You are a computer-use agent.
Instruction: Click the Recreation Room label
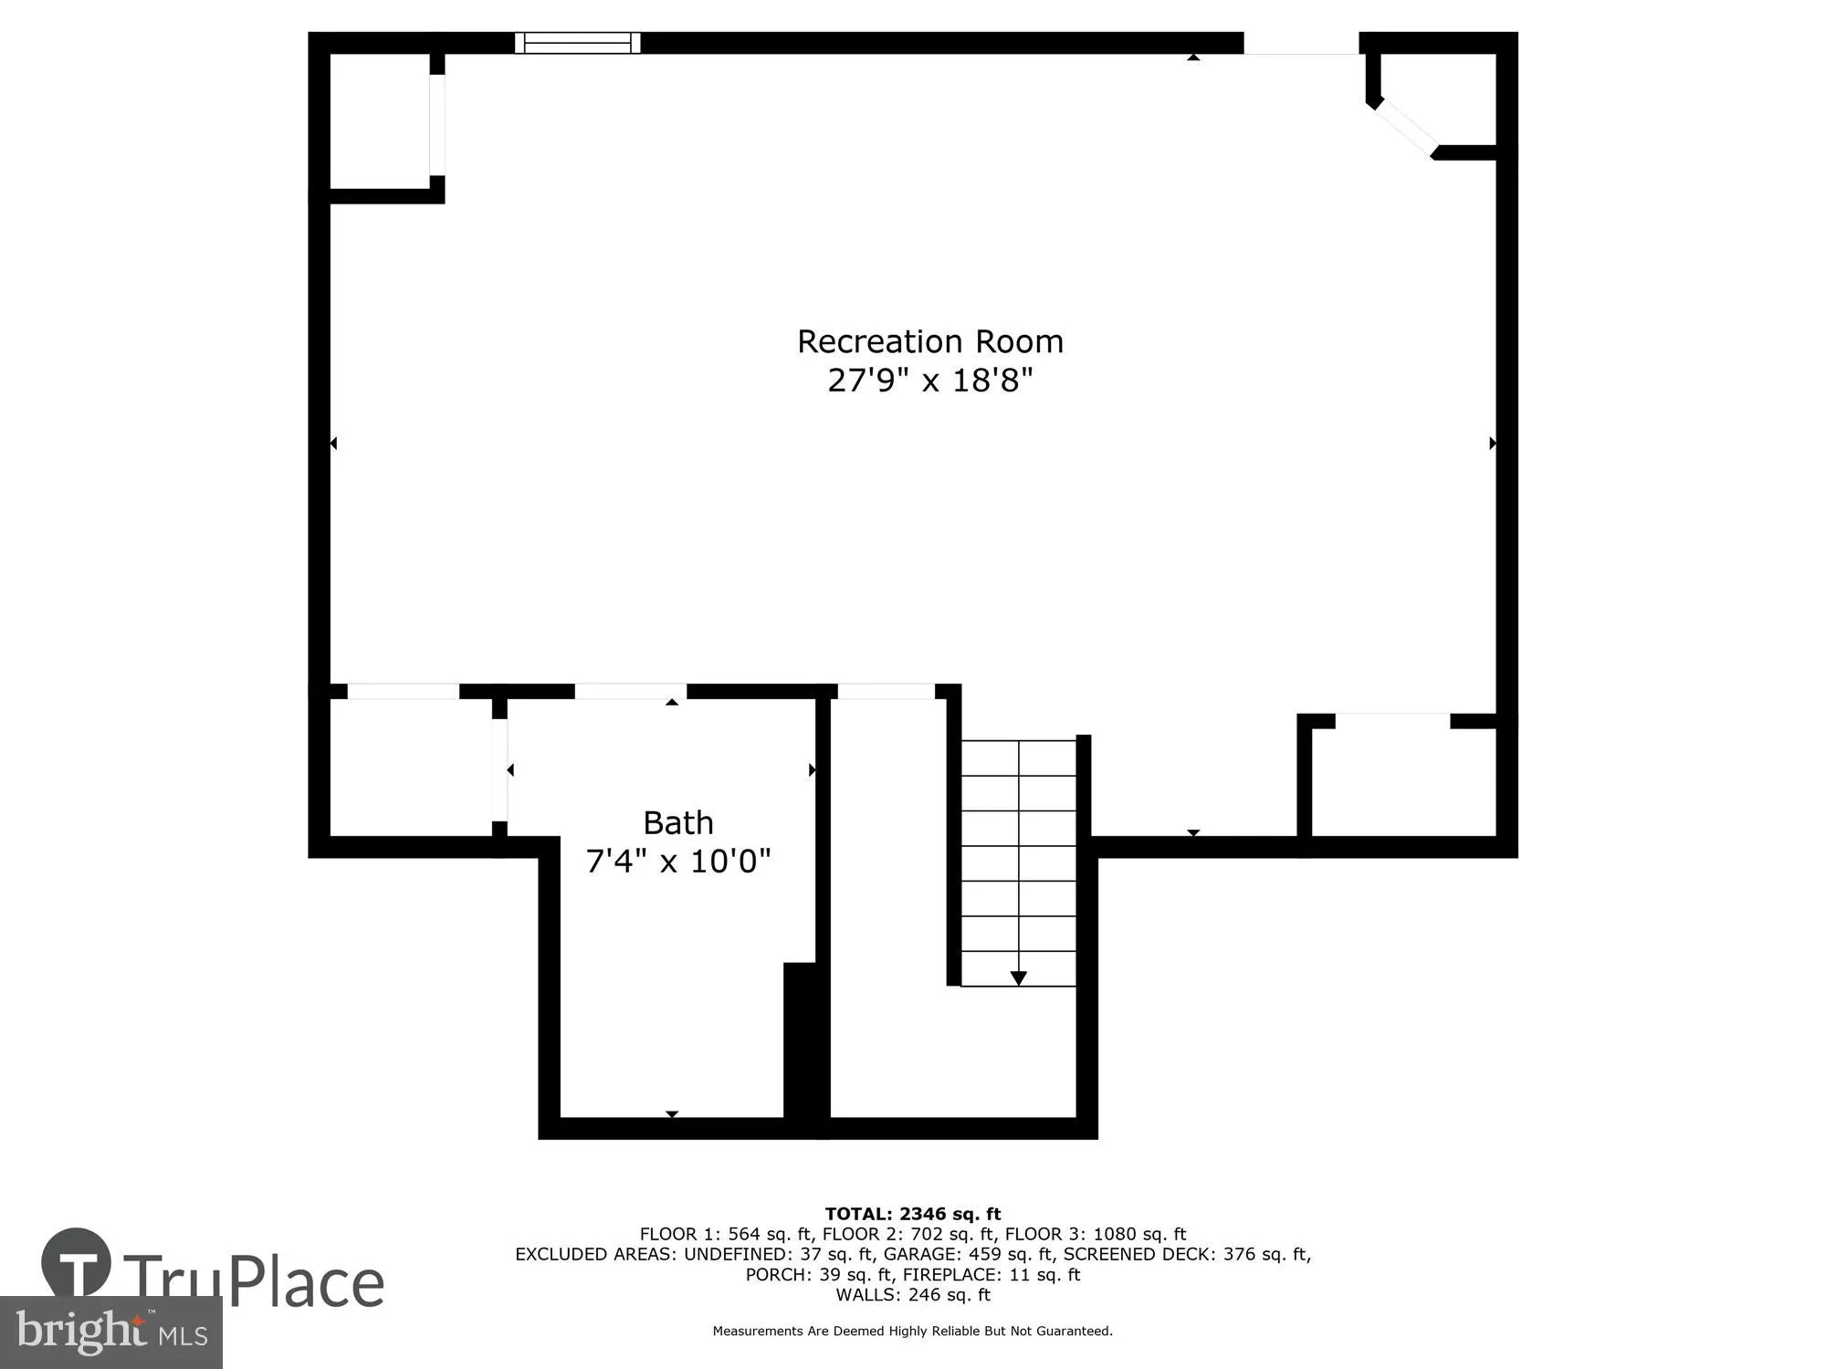(929, 341)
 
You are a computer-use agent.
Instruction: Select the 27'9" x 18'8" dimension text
(929, 380)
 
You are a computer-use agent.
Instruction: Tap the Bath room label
(677, 823)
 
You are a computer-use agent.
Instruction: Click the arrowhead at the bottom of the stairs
(1018, 978)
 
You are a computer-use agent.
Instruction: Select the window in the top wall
(577, 43)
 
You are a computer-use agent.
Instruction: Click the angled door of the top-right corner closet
(1406, 127)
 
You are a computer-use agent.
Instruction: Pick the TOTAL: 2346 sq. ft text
(912, 1214)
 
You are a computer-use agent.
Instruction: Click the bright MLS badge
(110, 1332)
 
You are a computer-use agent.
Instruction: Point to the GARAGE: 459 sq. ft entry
(968, 1254)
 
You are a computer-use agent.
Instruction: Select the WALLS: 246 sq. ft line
(912, 1294)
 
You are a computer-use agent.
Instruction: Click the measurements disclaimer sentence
(912, 1331)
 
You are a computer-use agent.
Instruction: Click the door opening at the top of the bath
(630, 692)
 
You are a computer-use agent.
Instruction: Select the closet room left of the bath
(411, 767)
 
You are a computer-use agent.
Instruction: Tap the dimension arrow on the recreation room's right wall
(1492, 444)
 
